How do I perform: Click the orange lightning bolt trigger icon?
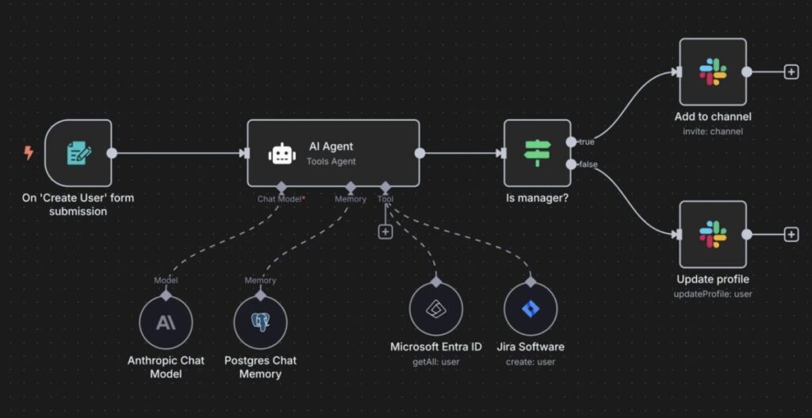coord(29,153)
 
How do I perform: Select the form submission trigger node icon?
coord(79,153)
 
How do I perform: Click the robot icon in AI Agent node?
coord(282,153)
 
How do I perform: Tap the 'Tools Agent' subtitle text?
coord(331,162)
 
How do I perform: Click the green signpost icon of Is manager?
coord(537,153)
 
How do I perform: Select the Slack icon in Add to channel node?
coord(712,72)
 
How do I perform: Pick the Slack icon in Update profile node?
coord(712,234)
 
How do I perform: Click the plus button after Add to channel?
coord(791,72)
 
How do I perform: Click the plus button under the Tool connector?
coord(385,232)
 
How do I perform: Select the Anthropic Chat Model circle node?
coord(166,323)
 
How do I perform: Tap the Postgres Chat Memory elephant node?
coord(260,323)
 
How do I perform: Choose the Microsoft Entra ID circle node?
coord(436,309)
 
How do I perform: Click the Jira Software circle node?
coord(530,309)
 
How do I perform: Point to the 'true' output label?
coord(586,142)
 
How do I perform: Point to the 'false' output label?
coord(588,164)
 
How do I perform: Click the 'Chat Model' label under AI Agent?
coord(278,199)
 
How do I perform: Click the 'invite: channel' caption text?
coord(712,132)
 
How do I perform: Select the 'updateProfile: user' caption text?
coord(712,294)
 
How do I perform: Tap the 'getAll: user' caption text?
coord(436,362)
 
